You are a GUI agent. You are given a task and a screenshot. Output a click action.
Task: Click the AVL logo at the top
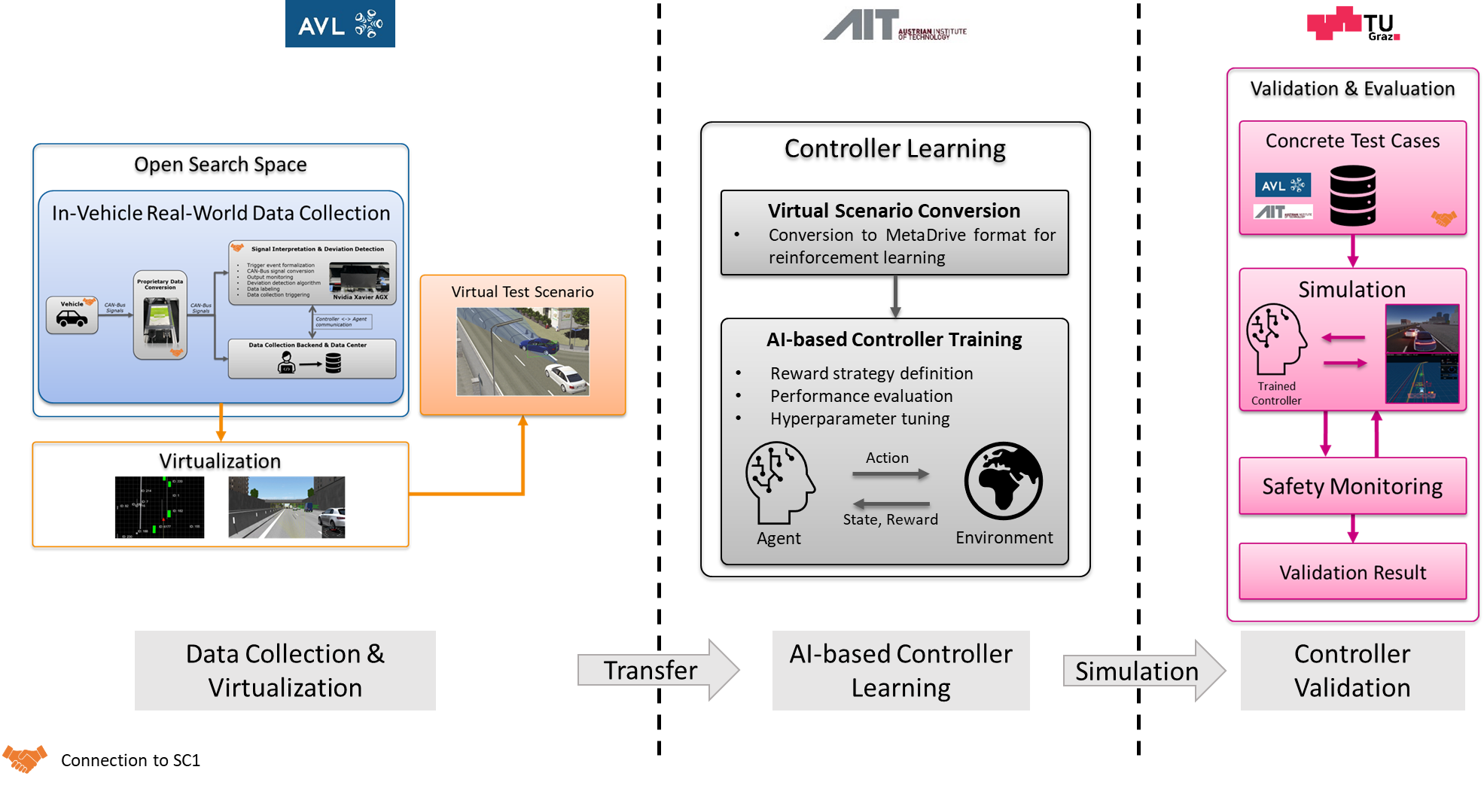coord(340,24)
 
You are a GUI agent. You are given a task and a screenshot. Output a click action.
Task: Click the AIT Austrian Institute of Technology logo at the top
coord(894,24)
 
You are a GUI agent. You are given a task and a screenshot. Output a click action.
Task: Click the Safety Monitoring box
coord(1352,486)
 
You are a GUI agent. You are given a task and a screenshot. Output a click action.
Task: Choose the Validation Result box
coord(1352,572)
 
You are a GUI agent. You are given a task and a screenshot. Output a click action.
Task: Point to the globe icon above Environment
coord(1004,481)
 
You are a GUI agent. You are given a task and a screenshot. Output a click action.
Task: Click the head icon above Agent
coord(779,482)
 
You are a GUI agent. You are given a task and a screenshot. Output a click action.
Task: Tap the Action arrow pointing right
coord(891,474)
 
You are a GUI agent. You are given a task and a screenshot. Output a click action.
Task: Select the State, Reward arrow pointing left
coord(891,504)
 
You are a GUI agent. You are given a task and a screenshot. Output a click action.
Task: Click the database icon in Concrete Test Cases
coord(1352,196)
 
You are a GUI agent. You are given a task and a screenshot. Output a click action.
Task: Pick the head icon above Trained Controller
coord(1276,339)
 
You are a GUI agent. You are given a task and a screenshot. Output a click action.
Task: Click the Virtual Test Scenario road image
coord(523,351)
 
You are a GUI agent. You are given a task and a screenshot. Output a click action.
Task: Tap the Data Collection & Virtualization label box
coord(285,671)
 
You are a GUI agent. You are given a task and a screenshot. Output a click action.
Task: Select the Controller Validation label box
coord(1352,671)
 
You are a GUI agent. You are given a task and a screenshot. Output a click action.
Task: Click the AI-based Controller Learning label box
coord(900,671)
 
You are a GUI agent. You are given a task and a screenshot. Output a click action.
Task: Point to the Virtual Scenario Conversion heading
coord(894,211)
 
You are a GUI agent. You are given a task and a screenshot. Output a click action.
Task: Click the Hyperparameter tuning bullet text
coord(859,418)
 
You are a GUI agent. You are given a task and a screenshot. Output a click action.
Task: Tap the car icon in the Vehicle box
coord(72,319)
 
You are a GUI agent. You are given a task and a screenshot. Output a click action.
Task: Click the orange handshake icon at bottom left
coord(25,758)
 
